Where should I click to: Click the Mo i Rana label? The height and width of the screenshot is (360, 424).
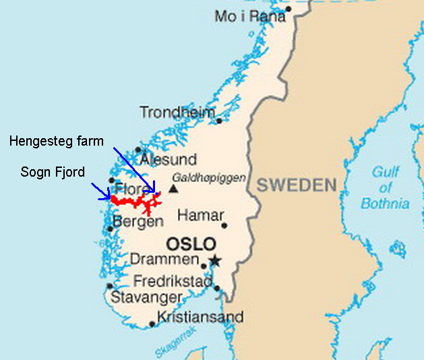(249, 16)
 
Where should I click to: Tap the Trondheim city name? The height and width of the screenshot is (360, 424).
(177, 113)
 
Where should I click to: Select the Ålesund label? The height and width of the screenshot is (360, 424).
(168, 160)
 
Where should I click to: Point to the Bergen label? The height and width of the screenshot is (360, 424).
(138, 221)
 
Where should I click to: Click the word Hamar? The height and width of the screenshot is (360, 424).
(200, 216)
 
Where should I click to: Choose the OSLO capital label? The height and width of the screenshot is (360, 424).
(191, 243)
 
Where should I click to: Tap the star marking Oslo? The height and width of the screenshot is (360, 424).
(215, 260)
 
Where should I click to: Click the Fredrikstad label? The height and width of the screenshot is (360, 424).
(173, 281)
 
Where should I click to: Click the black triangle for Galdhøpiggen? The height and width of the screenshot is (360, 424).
(174, 189)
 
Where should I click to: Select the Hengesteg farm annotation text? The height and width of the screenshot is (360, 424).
(57, 141)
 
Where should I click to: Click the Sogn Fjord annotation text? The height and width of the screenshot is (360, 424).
(53, 172)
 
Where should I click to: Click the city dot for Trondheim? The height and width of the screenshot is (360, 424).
(219, 121)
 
